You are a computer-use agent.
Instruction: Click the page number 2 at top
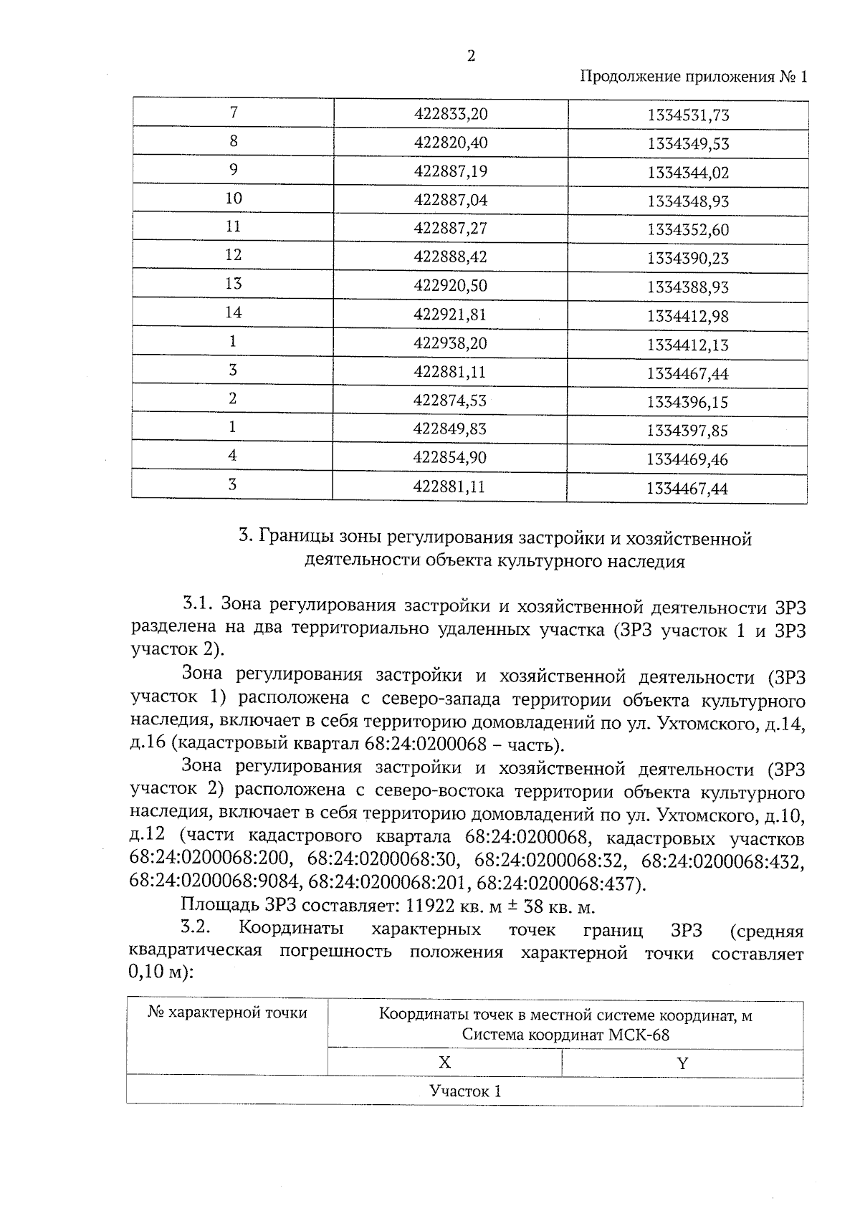pyautogui.click(x=471, y=57)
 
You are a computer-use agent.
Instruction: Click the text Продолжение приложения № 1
pyautogui.click(x=692, y=77)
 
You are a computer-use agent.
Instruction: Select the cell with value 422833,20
pyautogui.click(x=451, y=114)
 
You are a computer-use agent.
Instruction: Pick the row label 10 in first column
pyautogui.click(x=234, y=198)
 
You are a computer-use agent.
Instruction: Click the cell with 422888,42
pyautogui.click(x=451, y=257)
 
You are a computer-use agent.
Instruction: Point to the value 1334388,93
pyautogui.click(x=687, y=287)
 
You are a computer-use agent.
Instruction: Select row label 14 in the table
pyautogui.click(x=234, y=312)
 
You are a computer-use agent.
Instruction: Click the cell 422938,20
pyautogui.click(x=451, y=343)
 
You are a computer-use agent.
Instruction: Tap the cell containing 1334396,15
pyautogui.click(x=687, y=402)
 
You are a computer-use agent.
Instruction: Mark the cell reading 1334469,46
pyautogui.click(x=687, y=459)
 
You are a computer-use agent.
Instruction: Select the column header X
pyautogui.click(x=444, y=1063)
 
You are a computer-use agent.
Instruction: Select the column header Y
pyautogui.click(x=682, y=1063)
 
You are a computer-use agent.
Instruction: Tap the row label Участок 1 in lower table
pyautogui.click(x=464, y=1091)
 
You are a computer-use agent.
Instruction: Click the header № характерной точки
pyautogui.click(x=227, y=1012)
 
